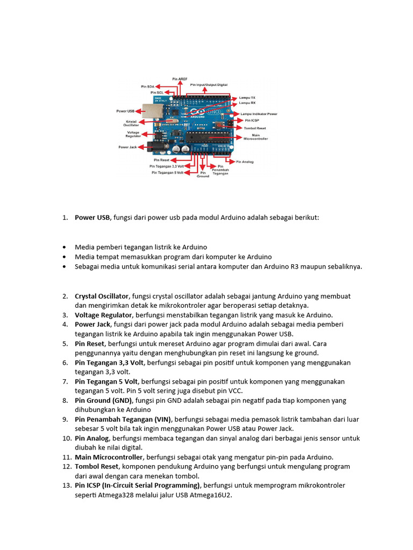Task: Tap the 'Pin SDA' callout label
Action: coord(148,86)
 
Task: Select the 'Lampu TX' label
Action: coord(247,97)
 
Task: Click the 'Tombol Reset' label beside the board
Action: coord(255,128)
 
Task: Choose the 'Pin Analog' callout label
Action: coord(245,161)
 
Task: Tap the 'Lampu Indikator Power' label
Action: coord(259,114)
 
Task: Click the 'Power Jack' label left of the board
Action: coord(127,146)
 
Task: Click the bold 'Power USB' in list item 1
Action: coord(92,218)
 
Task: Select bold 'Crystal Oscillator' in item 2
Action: coord(102,296)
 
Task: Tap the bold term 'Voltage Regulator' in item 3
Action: coord(104,315)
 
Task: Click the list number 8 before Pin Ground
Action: coord(65,400)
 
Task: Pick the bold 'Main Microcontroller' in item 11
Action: coord(109,457)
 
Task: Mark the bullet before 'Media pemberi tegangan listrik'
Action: coord(65,247)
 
